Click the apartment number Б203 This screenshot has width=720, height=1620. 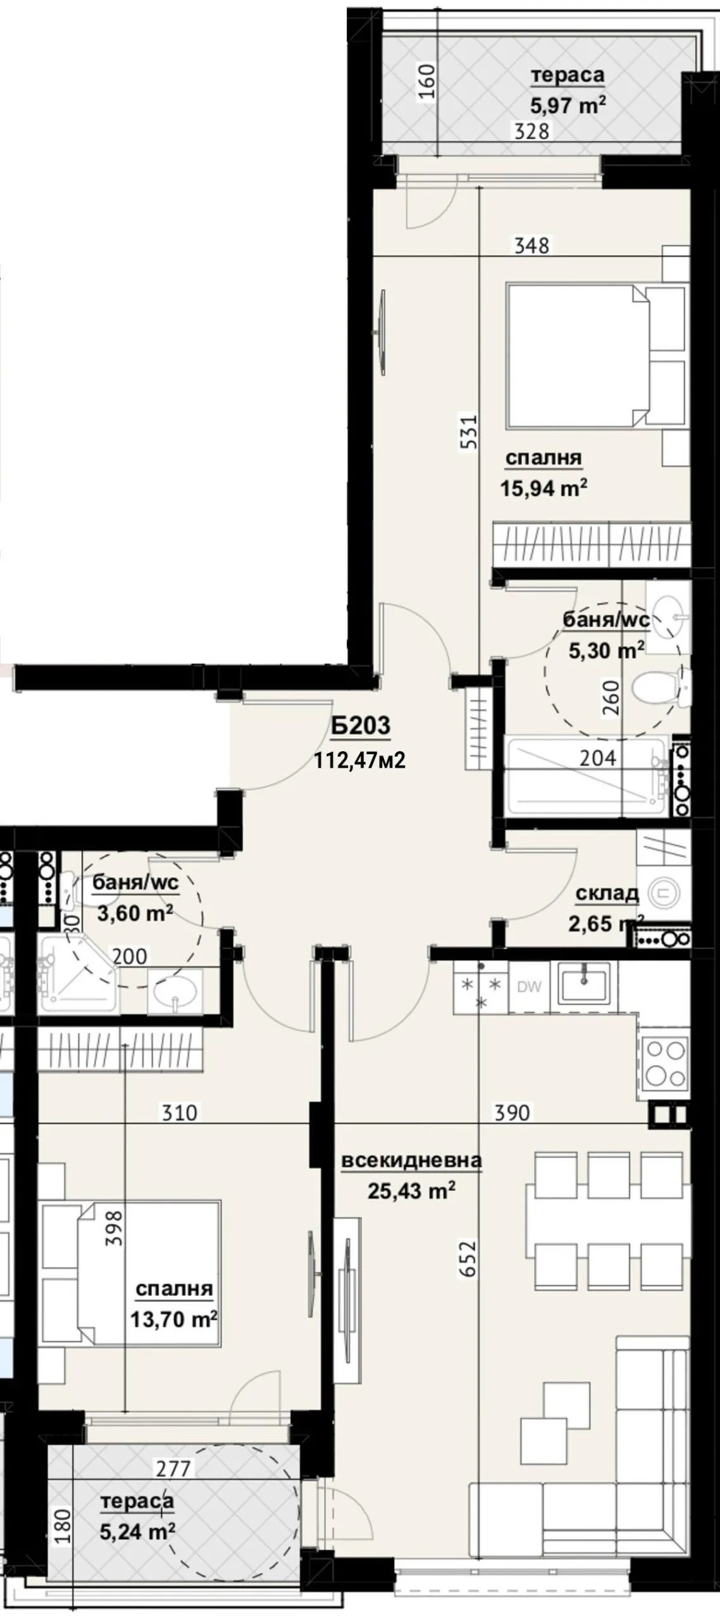pyautogui.click(x=361, y=726)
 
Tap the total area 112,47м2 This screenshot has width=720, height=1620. pyautogui.click(x=360, y=759)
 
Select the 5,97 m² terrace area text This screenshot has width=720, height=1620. pyautogui.click(x=568, y=105)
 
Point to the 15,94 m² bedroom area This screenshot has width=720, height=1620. pyautogui.click(x=543, y=489)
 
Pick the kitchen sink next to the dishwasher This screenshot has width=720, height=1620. pyautogui.click(x=583, y=985)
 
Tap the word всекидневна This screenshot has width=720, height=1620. pyautogui.click(x=411, y=1160)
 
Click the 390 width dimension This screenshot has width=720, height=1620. pyautogui.click(x=512, y=1111)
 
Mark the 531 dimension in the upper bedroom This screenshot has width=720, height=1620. pyautogui.click(x=468, y=432)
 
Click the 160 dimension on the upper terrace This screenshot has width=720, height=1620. pyautogui.click(x=428, y=82)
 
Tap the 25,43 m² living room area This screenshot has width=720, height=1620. pyautogui.click(x=411, y=1192)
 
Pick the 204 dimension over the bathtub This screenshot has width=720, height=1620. pyautogui.click(x=597, y=757)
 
